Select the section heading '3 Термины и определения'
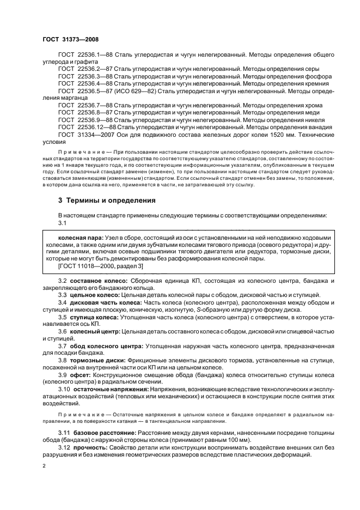[107, 200]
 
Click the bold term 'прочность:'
[88, 447]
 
